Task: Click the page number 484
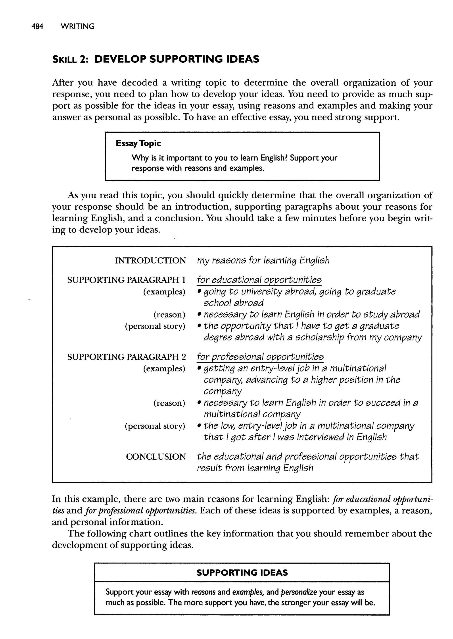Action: pos(37,27)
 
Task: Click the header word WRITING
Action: pos(78,27)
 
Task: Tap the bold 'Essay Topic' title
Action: pos(138,143)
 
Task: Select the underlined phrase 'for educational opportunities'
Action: pos(259,280)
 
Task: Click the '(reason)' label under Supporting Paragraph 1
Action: pos(169,315)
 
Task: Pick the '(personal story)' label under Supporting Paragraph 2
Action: pos(155,426)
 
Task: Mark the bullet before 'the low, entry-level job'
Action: pos(199,426)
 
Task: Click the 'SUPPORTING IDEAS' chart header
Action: pos(242,573)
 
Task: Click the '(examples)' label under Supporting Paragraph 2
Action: pos(164,368)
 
